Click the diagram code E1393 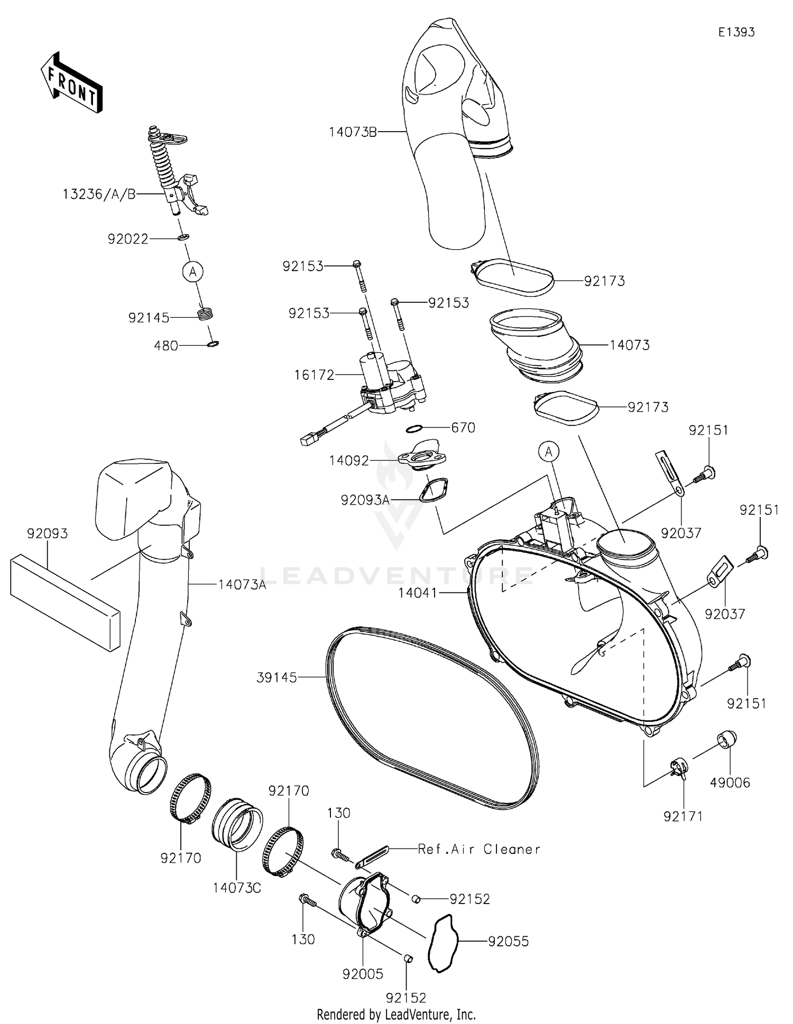click(736, 32)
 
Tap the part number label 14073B click(353, 132)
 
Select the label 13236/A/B click(99, 194)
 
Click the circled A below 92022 click(193, 272)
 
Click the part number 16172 click(315, 375)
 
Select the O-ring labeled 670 click(416, 427)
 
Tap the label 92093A click(365, 499)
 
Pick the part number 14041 click(418, 593)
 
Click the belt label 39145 click(276, 677)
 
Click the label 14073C click(237, 888)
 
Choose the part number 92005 click(363, 974)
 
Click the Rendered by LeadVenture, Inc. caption click(396, 1014)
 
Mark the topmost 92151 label click(708, 431)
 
